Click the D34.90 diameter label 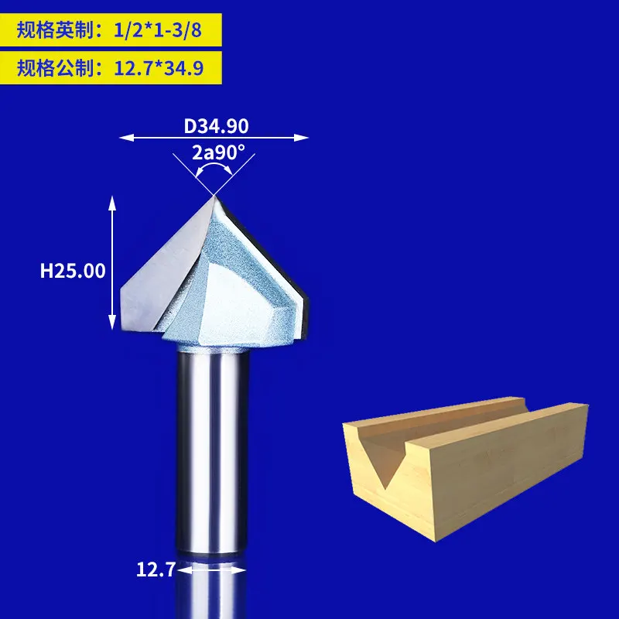click(216, 125)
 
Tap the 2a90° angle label click(219, 152)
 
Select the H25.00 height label click(73, 271)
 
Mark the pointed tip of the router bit click(213, 197)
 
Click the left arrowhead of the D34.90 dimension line click(122, 138)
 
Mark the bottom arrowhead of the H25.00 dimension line click(111, 323)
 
